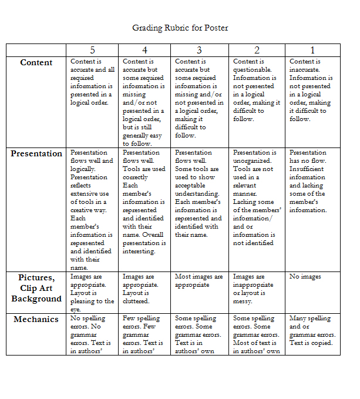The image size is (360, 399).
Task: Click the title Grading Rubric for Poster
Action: [180, 28]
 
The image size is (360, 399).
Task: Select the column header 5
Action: [92, 50]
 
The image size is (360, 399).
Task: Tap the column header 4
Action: [144, 50]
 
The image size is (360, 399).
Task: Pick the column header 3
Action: [199, 50]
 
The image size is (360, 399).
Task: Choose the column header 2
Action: [257, 50]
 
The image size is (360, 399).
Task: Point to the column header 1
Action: [312, 50]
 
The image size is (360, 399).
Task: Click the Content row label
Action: [36, 63]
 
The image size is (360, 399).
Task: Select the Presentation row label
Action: [36, 154]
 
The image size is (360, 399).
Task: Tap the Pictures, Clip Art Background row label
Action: [36, 288]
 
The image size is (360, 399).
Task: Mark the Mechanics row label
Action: [36, 320]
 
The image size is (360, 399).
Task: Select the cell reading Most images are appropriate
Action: [199, 281]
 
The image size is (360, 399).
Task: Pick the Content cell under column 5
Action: [92, 82]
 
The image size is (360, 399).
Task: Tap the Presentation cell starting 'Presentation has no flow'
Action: [308, 181]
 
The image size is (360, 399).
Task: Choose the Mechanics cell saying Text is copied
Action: [311, 343]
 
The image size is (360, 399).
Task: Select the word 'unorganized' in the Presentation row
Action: [252, 160]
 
